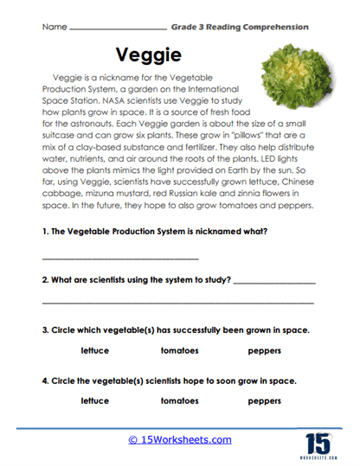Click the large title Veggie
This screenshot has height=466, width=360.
coord(155,53)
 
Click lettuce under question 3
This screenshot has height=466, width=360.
coord(95,350)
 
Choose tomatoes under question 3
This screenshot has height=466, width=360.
coord(179,350)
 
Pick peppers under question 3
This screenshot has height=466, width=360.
coord(264,350)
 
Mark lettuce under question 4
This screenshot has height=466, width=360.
coord(95,400)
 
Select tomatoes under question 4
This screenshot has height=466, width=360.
coord(179,400)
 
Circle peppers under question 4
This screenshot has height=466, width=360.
coord(264,400)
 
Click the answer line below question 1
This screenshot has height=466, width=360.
coord(120,259)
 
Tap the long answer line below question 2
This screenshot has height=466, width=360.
coord(177,303)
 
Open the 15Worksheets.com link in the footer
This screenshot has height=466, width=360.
coord(180,440)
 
